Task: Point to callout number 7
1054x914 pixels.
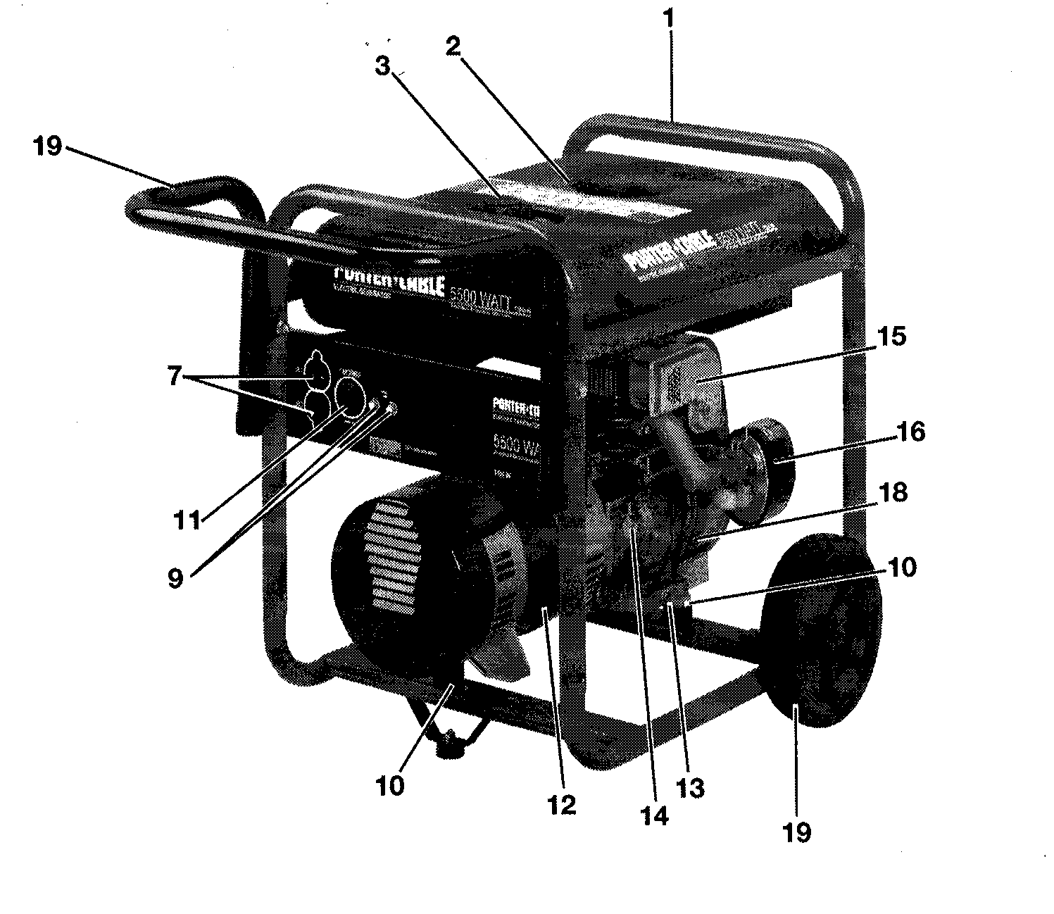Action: tap(174, 377)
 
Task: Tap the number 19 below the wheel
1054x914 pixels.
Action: tap(796, 832)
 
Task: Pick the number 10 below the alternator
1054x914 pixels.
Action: tap(391, 784)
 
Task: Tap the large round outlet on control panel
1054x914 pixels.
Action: tap(349, 398)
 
